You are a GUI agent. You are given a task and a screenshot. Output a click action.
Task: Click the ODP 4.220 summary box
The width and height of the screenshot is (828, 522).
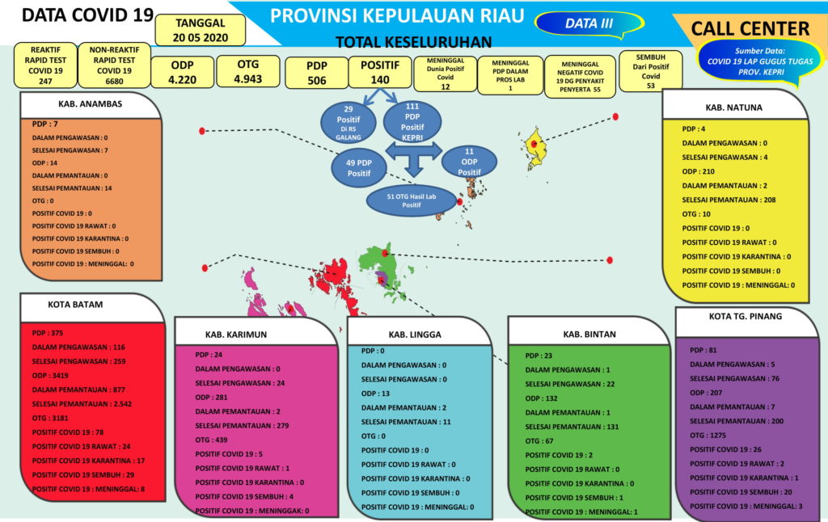(182, 71)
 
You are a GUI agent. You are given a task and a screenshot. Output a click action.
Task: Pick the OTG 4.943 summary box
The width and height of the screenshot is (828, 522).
(247, 71)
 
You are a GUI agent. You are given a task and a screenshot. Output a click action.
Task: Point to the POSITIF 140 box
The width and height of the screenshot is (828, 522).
(380, 72)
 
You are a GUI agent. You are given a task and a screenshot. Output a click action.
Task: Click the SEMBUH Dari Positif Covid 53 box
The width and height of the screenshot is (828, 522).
(650, 71)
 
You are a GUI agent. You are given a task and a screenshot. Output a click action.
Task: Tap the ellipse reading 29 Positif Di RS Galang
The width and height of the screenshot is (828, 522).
(349, 122)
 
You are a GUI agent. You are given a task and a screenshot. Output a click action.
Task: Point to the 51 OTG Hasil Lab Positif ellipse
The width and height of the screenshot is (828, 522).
(412, 200)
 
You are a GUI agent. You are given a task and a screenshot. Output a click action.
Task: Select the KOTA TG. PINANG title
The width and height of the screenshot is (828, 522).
(734, 316)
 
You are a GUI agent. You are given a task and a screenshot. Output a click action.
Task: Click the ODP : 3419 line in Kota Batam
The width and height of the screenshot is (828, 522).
(50, 375)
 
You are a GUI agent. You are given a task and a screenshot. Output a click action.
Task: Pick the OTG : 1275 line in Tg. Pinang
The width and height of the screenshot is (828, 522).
(709, 435)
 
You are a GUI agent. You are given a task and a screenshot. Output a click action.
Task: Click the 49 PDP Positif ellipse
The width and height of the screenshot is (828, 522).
(358, 167)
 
